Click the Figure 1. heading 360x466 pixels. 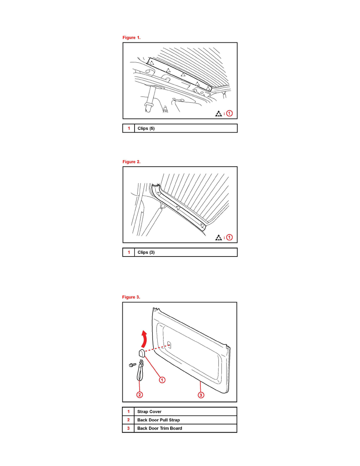(x=131, y=37)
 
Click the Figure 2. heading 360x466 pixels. (x=131, y=162)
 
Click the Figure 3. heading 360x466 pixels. (x=131, y=297)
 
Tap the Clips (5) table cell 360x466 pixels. (x=185, y=128)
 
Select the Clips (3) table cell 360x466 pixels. (x=185, y=252)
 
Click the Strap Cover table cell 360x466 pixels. (x=185, y=411)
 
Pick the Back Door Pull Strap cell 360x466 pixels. (x=185, y=420)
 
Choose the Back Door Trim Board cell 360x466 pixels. (x=185, y=428)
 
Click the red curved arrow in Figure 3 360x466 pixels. (x=144, y=339)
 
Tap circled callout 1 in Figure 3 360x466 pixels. (x=162, y=380)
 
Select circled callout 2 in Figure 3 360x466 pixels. (x=140, y=395)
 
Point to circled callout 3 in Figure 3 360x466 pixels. (x=201, y=395)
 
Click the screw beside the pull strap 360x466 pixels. (x=133, y=365)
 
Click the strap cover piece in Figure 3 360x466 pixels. (x=142, y=353)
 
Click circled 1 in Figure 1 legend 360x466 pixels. (x=229, y=113)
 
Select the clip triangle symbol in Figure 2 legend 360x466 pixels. (x=218, y=237)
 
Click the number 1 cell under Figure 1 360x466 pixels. (x=129, y=128)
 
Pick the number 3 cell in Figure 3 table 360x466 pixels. (x=128, y=428)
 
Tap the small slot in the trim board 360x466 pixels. (x=169, y=345)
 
